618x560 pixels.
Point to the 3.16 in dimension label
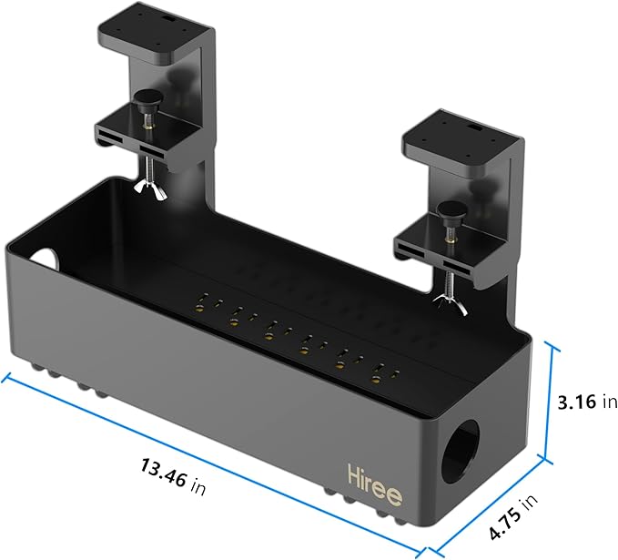(588, 402)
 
